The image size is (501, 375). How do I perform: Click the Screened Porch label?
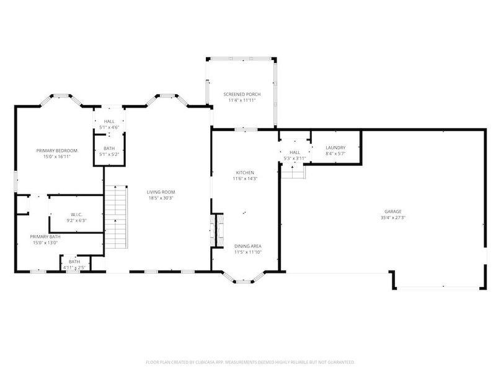coord(242,94)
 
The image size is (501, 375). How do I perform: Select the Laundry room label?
coord(335,147)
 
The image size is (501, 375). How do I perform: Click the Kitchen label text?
coord(245,173)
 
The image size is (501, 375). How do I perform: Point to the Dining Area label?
coord(247,246)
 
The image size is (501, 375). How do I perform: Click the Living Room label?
coord(161,192)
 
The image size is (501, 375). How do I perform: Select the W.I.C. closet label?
coord(76,215)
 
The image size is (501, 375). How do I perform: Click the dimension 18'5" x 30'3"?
coord(161,198)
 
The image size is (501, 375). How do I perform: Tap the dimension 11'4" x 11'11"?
coord(242,100)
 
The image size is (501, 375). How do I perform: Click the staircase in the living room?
coord(115,217)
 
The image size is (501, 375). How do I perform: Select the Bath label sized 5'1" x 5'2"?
coord(109,149)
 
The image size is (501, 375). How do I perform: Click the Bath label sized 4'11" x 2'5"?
coord(74,262)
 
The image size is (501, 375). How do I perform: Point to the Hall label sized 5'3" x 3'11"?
coord(295,152)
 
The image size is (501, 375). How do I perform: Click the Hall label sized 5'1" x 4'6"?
coord(109,121)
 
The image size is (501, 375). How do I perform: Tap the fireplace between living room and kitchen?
coord(217,230)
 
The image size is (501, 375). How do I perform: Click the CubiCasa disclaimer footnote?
coord(250,361)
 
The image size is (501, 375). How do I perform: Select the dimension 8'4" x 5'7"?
coord(335,153)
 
